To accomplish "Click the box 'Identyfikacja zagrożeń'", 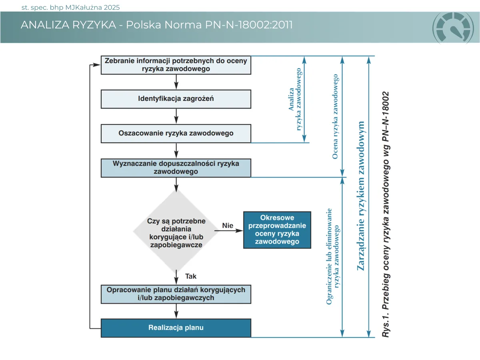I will pyautogui.click(x=176, y=99).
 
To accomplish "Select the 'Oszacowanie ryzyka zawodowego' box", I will pyautogui.click(x=176, y=133).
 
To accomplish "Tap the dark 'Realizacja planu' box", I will pyautogui.click(x=176, y=328).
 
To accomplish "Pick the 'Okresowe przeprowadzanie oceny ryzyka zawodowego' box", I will pyautogui.click(x=277, y=230).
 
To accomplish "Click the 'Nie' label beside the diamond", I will pyautogui.click(x=228, y=226).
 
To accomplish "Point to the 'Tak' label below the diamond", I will pyautogui.click(x=191, y=276).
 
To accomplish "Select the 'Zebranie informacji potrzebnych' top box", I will pyautogui.click(x=176, y=65).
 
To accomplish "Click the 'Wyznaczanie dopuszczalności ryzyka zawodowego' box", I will pyautogui.click(x=176, y=168).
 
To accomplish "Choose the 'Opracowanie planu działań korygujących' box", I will pyautogui.click(x=176, y=294).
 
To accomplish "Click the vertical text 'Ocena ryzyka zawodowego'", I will pyautogui.click(x=335, y=116).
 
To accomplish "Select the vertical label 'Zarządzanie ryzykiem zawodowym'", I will pyautogui.click(x=361, y=196).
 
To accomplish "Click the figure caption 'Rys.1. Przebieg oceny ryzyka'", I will pyautogui.click(x=386, y=214).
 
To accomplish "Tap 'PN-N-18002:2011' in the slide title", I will pyautogui.click(x=250, y=25).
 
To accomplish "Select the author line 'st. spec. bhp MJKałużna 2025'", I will pyautogui.click(x=70, y=8).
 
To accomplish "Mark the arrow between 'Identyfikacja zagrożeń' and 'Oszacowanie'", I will pyautogui.click(x=176, y=116).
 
